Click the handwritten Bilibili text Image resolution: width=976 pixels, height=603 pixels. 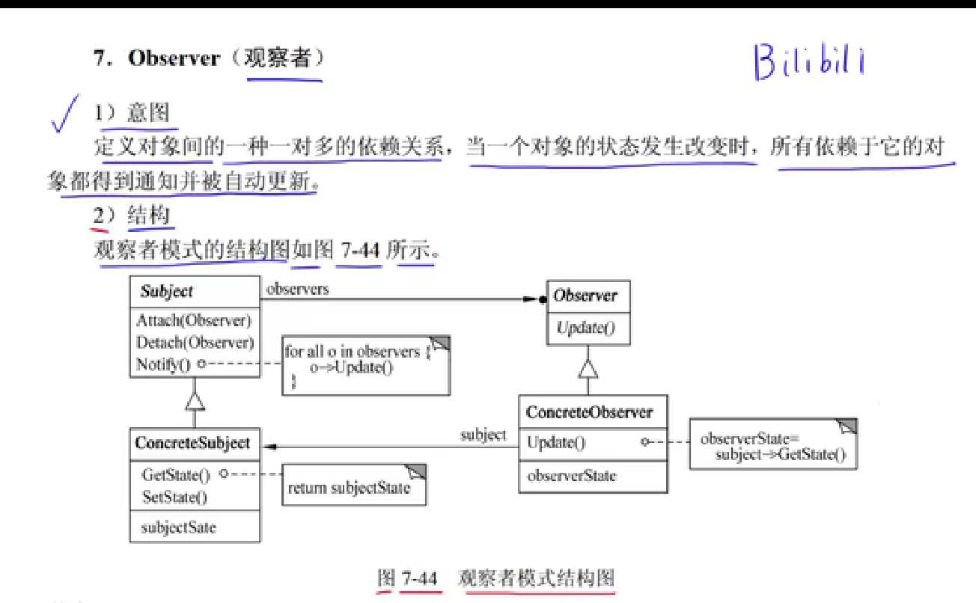[808, 61]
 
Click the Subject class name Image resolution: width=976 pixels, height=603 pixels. [166, 292]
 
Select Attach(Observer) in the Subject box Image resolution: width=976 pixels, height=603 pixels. [194, 320]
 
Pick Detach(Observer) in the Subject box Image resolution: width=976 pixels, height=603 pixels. [195, 343]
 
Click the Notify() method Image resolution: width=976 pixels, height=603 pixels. [164, 365]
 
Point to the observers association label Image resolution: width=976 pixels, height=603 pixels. [297, 288]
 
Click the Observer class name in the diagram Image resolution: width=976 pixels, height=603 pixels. [585, 296]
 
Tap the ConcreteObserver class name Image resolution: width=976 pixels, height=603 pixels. [589, 412]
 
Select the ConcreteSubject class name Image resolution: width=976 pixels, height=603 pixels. [192, 443]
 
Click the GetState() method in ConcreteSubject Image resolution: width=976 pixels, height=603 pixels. [176, 474]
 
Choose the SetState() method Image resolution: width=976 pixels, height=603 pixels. [174, 497]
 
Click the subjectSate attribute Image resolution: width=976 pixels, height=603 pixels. [178, 527]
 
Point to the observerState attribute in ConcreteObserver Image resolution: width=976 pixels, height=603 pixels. [572, 475]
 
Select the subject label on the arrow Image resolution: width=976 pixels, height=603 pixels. [483, 435]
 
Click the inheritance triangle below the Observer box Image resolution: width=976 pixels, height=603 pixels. [588, 369]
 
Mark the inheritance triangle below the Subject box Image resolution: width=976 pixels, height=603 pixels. [195, 401]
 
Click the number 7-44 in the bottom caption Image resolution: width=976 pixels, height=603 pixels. [419, 578]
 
